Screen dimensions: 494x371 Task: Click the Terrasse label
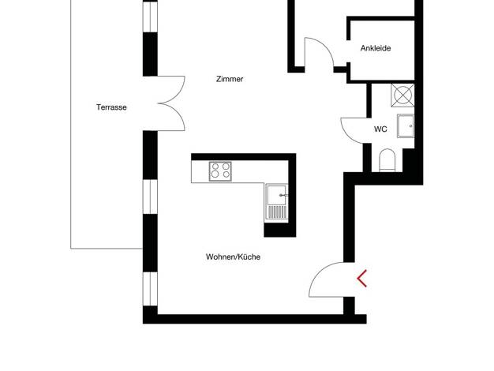[111, 107]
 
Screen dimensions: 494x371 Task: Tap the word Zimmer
[230, 79]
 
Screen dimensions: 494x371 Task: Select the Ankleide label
[376, 48]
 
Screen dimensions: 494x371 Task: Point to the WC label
[380, 129]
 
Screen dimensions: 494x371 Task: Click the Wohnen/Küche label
[233, 257]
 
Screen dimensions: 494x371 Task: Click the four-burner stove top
[220, 171]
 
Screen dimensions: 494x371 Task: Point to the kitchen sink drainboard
[277, 212]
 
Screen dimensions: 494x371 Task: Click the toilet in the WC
[387, 160]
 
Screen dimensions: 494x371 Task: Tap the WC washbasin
[406, 126]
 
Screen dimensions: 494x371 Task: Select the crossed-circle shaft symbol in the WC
[402, 96]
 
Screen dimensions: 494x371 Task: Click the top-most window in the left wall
[150, 17]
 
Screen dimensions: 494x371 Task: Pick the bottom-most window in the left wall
[150, 289]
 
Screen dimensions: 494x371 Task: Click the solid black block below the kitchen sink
[280, 230]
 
